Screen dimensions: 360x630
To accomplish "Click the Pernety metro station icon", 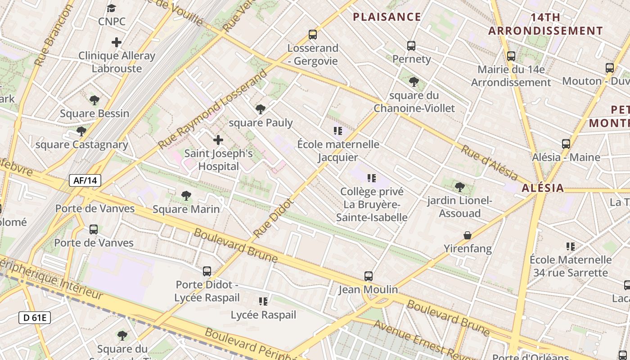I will pos(411,45).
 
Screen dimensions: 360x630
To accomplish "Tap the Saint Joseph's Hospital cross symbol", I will pos(218,140).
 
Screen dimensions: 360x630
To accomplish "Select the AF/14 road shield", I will pos(85,180).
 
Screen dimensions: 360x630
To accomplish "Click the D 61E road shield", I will pos(35,318).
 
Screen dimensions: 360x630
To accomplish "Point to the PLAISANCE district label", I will pos(387,17).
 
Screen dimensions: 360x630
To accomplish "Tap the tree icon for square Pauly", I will pos(260,109).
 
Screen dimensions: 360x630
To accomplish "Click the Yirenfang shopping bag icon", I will pos(468,235).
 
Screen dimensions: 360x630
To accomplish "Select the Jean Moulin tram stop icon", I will pos(368,276).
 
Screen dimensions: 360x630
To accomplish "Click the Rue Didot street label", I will pos(273,219).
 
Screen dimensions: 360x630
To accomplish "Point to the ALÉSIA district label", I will pos(542,188).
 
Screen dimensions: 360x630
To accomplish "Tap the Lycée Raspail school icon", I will pos(263,301).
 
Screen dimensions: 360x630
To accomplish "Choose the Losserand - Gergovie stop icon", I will pos(312,35).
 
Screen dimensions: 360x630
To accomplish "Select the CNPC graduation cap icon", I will pos(111,8).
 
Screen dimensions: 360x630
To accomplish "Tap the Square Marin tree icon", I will pos(186,196).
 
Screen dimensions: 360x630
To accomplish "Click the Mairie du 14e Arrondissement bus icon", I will pos(511,56).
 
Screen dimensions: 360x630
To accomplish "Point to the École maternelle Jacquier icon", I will pos(337,131).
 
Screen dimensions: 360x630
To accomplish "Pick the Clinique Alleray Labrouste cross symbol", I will pos(117,42).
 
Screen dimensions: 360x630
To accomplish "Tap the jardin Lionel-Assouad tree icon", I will pos(459,187).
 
